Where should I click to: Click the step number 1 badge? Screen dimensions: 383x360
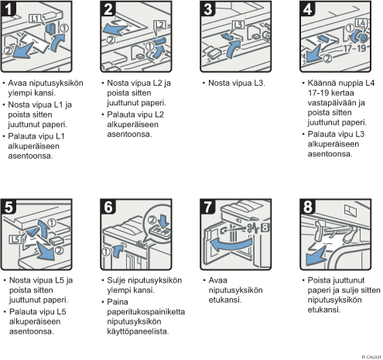9,9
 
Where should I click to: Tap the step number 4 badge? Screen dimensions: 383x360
307,9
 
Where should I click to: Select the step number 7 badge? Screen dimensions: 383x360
207,207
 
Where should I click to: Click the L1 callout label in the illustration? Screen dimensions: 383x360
35,19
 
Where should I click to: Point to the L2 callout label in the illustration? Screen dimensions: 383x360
160,25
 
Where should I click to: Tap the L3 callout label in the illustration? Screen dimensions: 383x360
238,25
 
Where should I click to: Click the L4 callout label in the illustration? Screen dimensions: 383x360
361,23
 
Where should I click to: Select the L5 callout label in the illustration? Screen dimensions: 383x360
15,239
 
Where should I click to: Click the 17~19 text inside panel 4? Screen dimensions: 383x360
355,48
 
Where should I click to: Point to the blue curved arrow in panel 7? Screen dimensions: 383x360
231,245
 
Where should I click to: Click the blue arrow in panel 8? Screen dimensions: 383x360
316,256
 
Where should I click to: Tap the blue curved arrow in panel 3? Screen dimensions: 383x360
234,49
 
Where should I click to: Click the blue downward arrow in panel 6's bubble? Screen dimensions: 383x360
164,220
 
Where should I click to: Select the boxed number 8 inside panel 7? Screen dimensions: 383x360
265,228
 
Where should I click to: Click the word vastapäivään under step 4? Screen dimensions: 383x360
336,103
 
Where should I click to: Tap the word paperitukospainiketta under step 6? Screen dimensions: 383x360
146,312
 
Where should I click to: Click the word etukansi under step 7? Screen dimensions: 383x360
225,300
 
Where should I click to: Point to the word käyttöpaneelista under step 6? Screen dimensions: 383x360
138,331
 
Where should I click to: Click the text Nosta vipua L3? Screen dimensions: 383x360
237,83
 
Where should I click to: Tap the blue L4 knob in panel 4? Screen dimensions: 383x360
360,36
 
